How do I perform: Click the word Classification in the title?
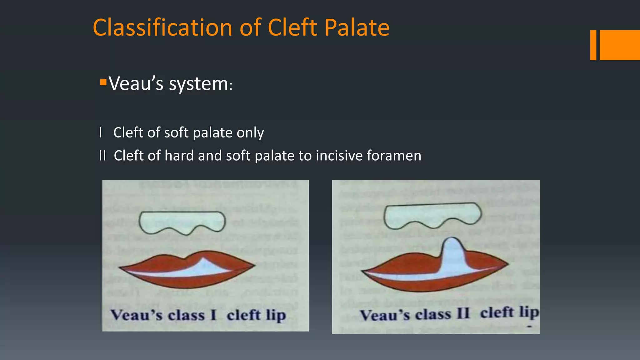(x=163, y=27)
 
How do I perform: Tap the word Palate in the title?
(x=357, y=27)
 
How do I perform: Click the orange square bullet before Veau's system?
(x=103, y=82)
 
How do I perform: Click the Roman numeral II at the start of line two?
(x=102, y=156)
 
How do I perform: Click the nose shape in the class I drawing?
(x=182, y=222)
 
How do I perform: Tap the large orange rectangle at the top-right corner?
(x=620, y=45)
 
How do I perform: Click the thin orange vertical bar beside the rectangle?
(x=593, y=45)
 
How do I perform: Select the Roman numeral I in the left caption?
(x=213, y=315)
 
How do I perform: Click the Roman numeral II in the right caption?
(x=463, y=314)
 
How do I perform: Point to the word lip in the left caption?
(x=276, y=315)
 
